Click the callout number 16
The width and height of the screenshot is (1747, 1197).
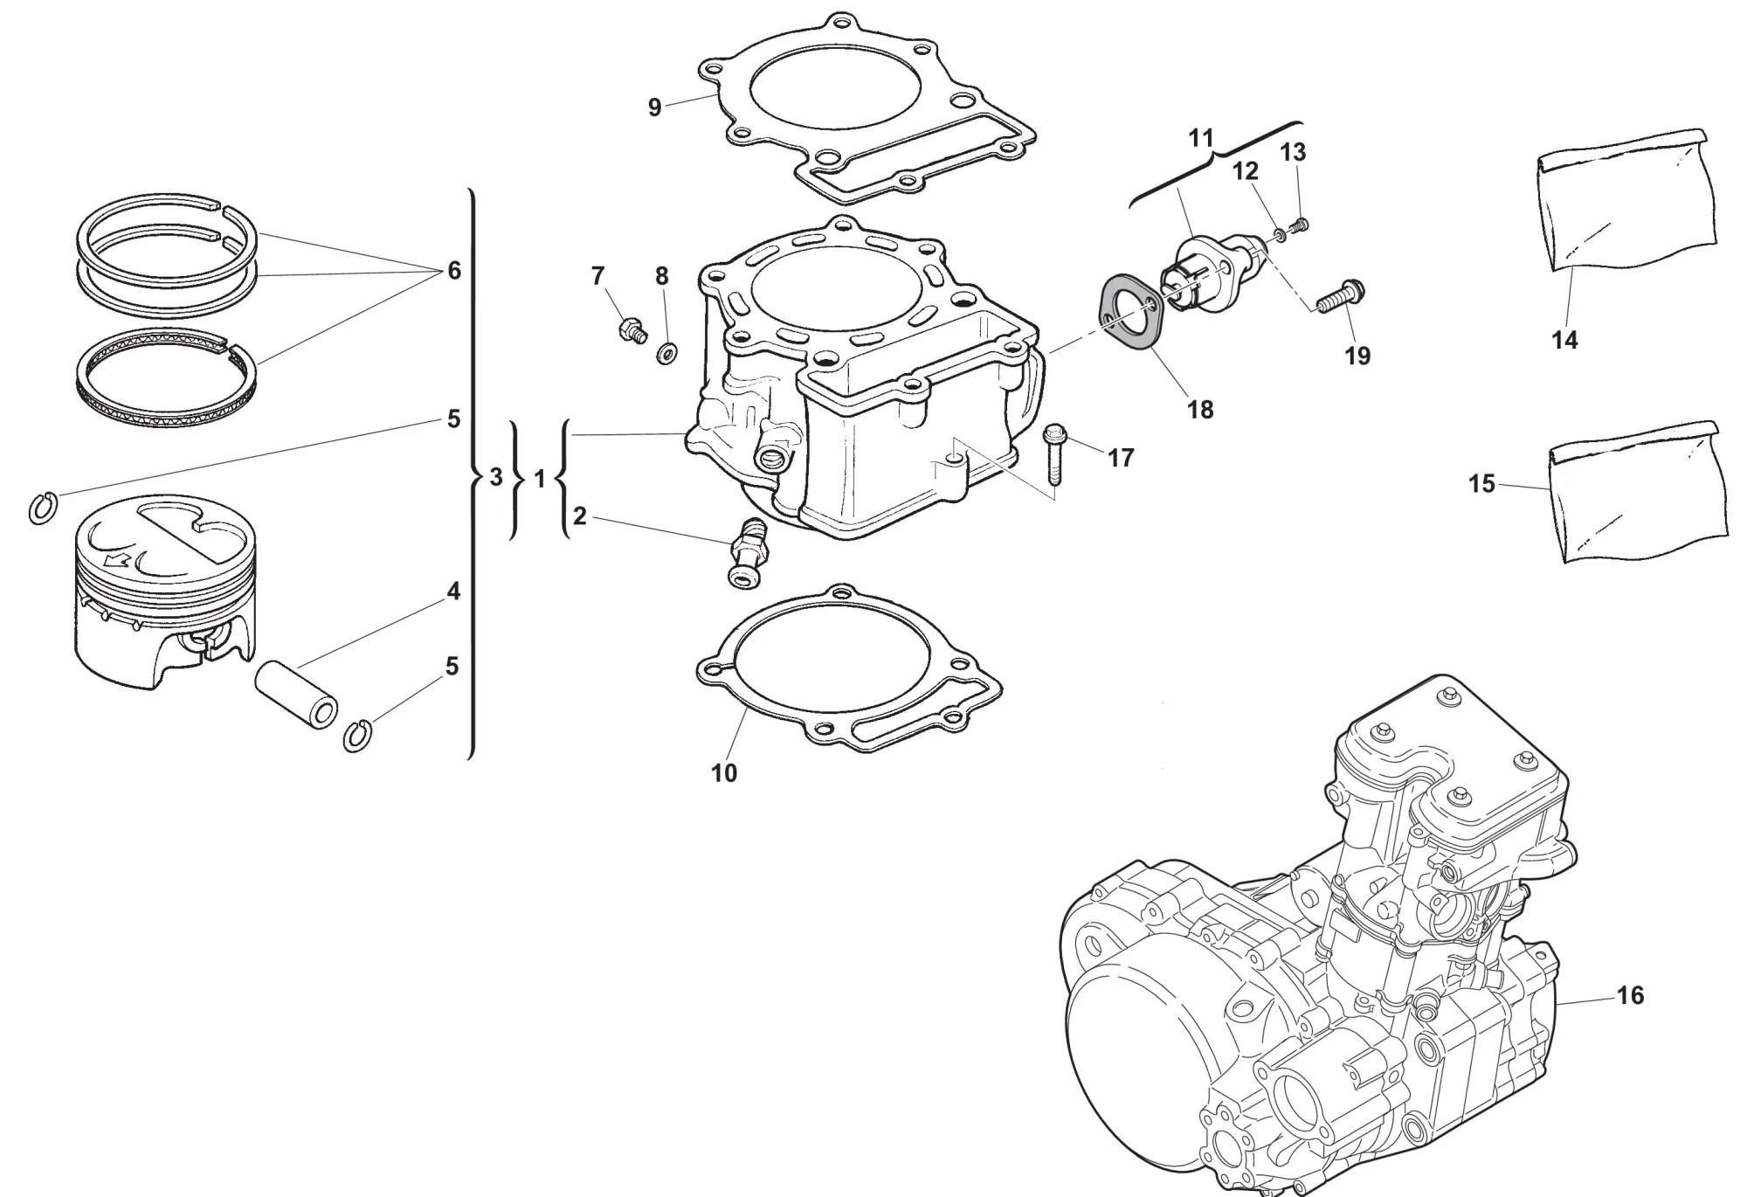point(1630,995)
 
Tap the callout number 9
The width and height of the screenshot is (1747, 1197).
point(655,107)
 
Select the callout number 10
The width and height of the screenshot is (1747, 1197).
point(724,773)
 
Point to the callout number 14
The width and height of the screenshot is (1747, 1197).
point(1564,340)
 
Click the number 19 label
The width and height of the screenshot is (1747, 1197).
point(1357,356)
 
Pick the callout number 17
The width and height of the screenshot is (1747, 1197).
point(1121,457)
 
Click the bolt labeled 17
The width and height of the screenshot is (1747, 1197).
point(1055,453)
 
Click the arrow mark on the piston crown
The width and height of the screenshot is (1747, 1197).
point(115,560)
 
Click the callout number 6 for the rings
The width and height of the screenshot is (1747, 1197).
point(454,271)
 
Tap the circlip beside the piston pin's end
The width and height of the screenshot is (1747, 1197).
point(356,736)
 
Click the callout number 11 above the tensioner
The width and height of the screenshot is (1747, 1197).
point(1201,138)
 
